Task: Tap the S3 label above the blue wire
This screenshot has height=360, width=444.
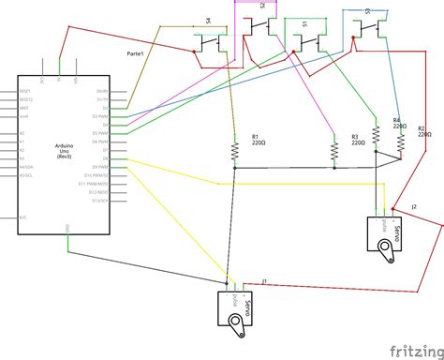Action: [x=367, y=11]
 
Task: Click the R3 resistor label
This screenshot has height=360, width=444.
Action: [x=355, y=138]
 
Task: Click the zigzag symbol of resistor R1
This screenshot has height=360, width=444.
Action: [x=234, y=151]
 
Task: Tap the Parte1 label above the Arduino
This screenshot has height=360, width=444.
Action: [x=135, y=55]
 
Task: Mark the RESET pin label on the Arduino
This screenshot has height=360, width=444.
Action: [x=25, y=91]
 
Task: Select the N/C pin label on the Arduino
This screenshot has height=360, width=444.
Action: [x=23, y=217]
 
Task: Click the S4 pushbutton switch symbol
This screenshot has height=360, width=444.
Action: [x=212, y=39]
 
